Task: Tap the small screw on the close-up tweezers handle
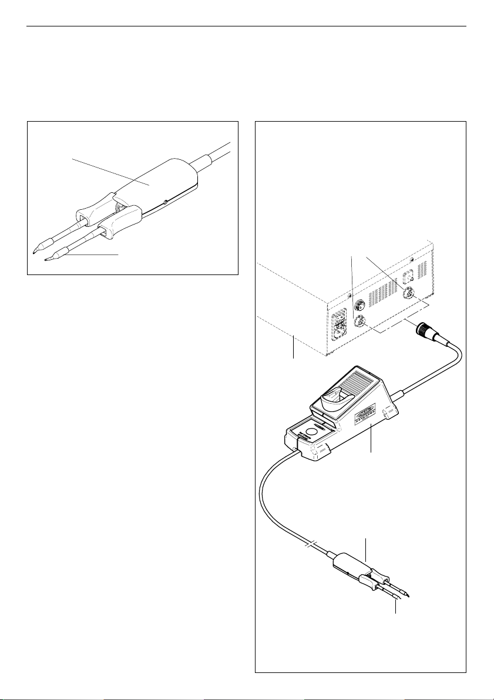point(166,202)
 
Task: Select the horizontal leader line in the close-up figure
point(94,254)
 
